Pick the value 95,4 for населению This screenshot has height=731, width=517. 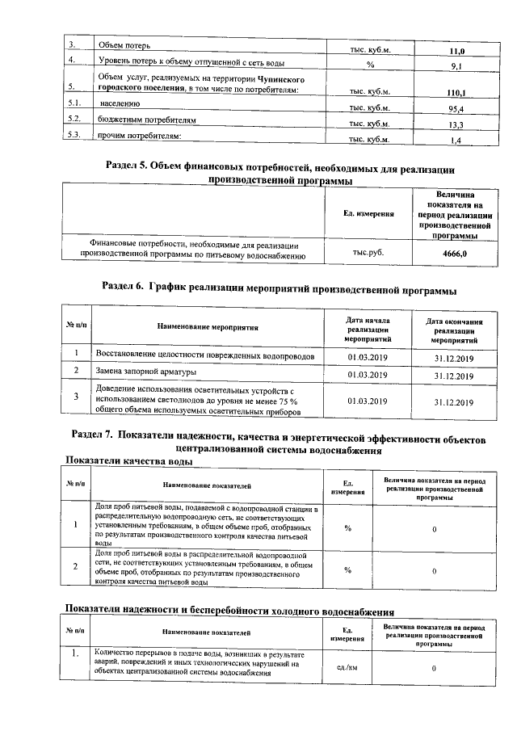tap(456, 109)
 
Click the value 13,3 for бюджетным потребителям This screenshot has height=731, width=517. tap(456, 124)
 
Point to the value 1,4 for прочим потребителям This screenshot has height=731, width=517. tap(456, 141)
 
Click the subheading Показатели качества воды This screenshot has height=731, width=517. tap(128, 461)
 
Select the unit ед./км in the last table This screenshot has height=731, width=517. tap(348, 668)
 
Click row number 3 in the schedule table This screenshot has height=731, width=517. tap(75, 397)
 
